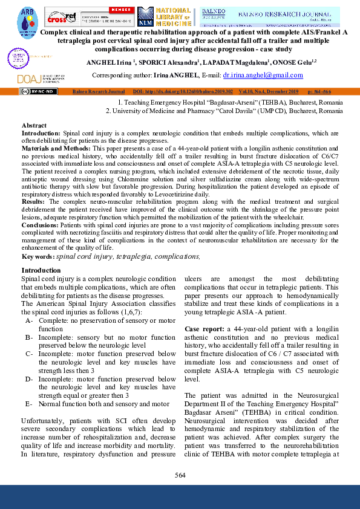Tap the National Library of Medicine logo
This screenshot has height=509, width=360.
[x=165, y=16]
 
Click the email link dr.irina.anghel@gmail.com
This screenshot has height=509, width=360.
[x=263, y=75]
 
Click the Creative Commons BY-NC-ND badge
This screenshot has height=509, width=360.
[x=39, y=91]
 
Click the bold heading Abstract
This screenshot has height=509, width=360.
[x=34, y=125]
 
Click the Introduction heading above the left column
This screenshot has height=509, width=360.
[x=41, y=270]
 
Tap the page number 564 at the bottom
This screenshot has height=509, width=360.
[x=180, y=475]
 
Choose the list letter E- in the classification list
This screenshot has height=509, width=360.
[x=29, y=404]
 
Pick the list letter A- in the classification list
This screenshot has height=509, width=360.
[x=29, y=320]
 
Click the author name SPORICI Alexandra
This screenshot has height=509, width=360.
[x=173, y=63]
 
